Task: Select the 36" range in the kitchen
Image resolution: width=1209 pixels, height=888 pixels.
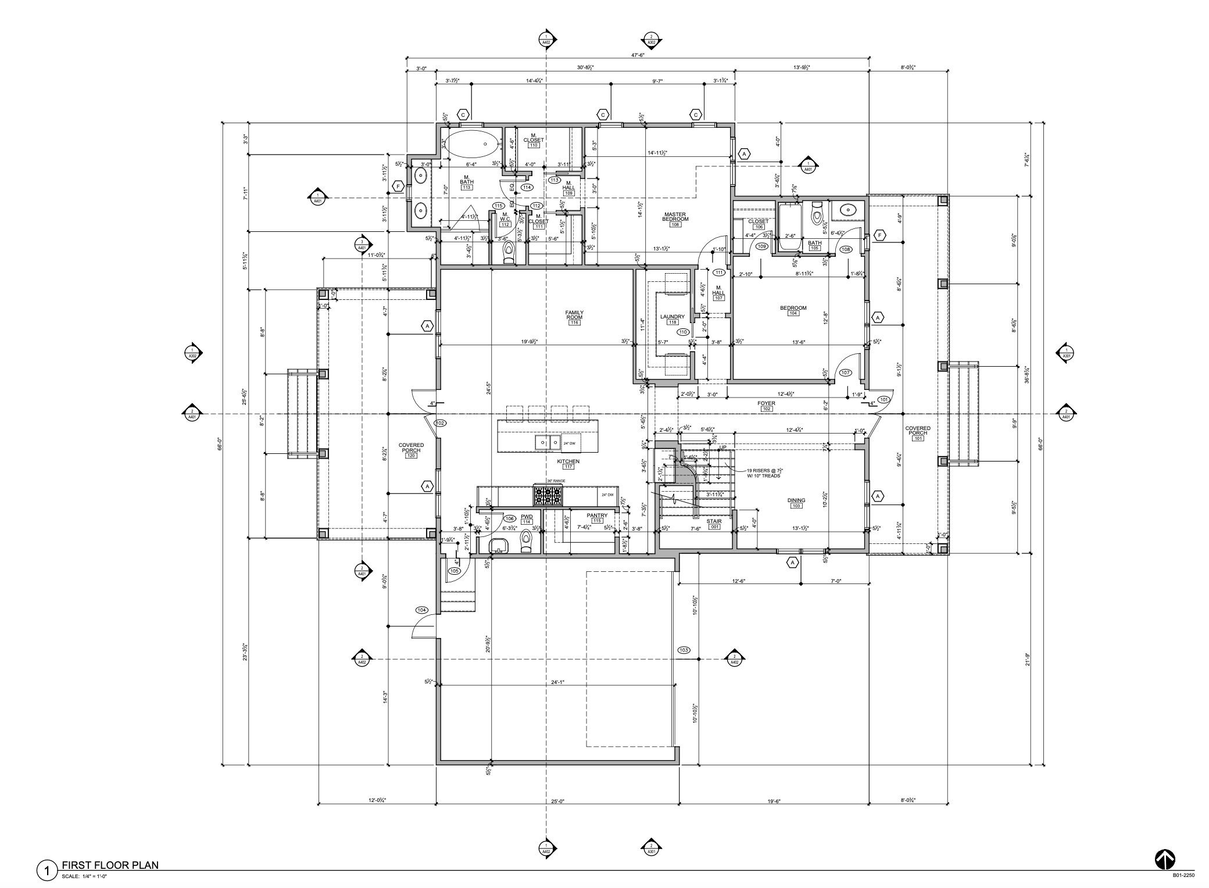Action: [x=548, y=495]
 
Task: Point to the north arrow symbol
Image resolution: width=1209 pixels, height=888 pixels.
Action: [x=1165, y=860]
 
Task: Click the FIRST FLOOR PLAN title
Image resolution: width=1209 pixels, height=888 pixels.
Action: [x=110, y=865]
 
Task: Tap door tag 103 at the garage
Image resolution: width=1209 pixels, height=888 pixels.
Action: [x=684, y=650]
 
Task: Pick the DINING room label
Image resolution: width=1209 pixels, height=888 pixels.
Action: [x=796, y=502]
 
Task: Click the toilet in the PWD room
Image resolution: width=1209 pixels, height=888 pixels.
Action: [x=526, y=542]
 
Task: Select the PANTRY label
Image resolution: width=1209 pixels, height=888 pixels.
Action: [x=597, y=517]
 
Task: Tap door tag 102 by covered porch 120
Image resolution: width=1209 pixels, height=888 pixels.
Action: [x=440, y=423]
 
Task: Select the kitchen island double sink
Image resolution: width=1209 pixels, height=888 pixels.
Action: [x=546, y=443]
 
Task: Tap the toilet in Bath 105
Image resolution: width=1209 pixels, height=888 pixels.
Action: [x=818, y=215]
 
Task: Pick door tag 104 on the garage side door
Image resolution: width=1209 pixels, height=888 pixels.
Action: [x=421, y=610]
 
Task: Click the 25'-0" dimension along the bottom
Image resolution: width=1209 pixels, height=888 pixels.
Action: [x=557, y=801]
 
